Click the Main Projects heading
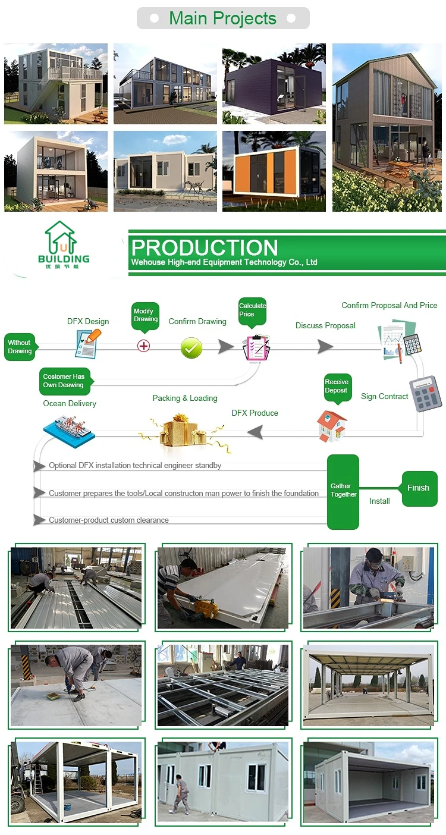pos(223,18)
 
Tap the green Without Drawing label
pos(20,347)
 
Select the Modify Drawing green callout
pos(146,315)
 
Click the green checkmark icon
pos(191,348)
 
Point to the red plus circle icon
pos(143,346)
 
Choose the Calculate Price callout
pos(252,310)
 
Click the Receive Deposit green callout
pos(337,387)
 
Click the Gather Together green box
pos(343,491)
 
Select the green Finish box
pos(419,488)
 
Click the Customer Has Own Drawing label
pos(64,381)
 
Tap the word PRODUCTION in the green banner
pos(205,247)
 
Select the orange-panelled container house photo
pos(274,171)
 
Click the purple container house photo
pos(274,83)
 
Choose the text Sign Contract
pos(385,396)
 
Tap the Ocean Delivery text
pos(70,403)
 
